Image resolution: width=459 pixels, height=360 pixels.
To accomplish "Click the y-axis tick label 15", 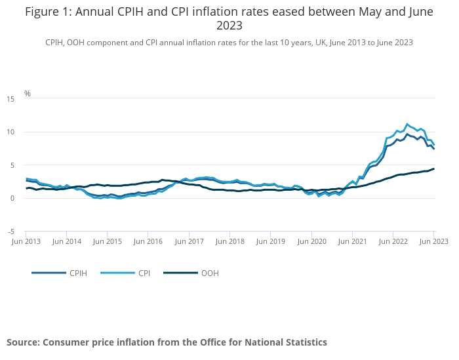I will point(10,99).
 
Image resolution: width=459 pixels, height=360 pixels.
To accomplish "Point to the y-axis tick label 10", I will point(10,132).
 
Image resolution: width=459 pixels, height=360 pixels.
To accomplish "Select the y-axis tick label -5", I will point(10,231).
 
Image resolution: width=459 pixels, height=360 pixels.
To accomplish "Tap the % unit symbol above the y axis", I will point(28,94).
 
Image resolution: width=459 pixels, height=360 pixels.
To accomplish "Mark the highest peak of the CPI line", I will point(407,124).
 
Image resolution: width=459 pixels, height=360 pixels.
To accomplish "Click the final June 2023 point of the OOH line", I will point(433,169).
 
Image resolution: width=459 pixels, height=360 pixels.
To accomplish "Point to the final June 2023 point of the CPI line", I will point(434,145).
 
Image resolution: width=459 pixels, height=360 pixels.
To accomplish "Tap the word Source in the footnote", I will point(22,342).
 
